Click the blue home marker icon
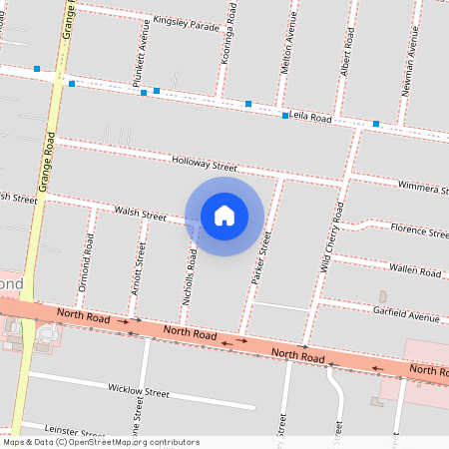coord(224,215)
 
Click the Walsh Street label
coord(140,214)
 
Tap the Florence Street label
coord(419,230)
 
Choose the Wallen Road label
coord(416,269)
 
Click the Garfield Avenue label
coord(406,316)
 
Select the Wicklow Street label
coord(139,391)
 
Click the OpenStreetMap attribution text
coord(100,442)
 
